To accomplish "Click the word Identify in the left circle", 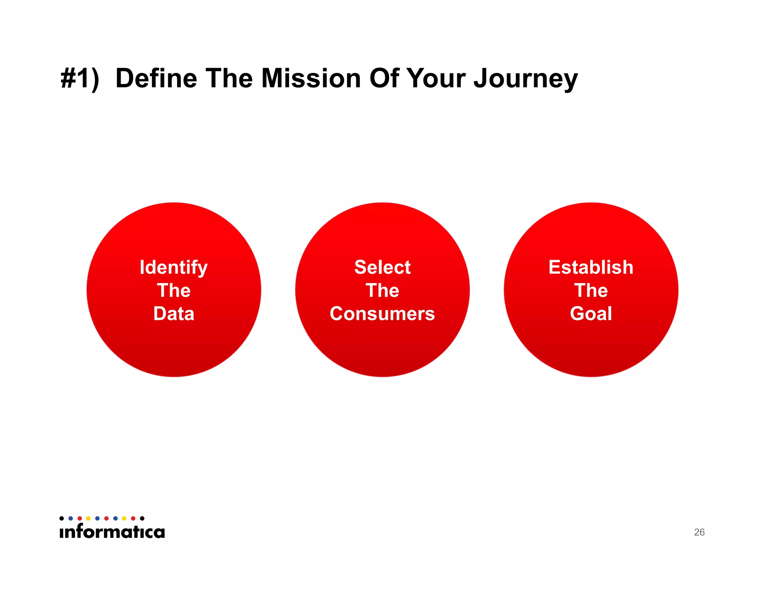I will pyautogui.click(x=173, y=267).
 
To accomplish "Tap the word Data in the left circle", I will pyautogui.click(x=174, y=313).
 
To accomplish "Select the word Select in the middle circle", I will pyautogui.click(x=382, y=267).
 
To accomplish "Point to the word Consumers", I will pyautogui.click(x=382, y=313).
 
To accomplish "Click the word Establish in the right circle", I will pyautogui.click(x=591, y=267).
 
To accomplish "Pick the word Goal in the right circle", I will pyautogui.click(x=591, y=313).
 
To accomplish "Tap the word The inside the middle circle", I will pyautogui.click(x=382, y=291).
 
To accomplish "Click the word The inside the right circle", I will pyautogui.click(x=591, y=291).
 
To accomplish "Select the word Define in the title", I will pyautogui.click(x=156, y=78).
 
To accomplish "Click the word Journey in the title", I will pyautogui.click(x=526, y=78).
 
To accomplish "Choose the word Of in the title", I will pyautogui.click(x=384, y=78).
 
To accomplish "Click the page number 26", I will pyautogui.click(x=699, y=532).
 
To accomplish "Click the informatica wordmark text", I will pyautogui.click(x=112, y=531).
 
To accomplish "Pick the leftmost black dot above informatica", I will pyautogui.click(x=62, y=518).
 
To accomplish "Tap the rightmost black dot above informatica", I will pyautogui.click(x=142, y=518).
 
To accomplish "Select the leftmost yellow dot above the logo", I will pyautogui.click(x=88, y=518).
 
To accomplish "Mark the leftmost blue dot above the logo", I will pyautogui.click(x=71, y=518).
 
